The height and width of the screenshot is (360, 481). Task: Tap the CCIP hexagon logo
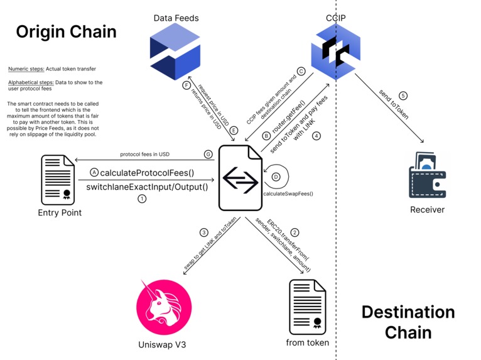[x=337, y=52]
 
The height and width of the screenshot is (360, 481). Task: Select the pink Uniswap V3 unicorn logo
[x=163, y=307]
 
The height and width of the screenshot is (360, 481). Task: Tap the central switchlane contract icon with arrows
[x=240, y=177]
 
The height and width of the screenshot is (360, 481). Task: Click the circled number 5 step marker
[x=403, y=96]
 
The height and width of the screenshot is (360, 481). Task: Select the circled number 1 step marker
[x=142, y=199]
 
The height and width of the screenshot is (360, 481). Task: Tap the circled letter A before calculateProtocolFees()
[x=94, y=172]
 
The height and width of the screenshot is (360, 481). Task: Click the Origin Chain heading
[x=66, y=31]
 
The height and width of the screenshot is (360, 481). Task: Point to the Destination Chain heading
[x=408, y=321]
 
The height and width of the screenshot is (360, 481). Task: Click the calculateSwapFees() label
[x=288, y=194]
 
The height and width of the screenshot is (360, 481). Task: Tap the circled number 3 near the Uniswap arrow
[x=203, y=232]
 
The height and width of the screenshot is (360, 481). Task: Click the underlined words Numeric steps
[x=26, y=68]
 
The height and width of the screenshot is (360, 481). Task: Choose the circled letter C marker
[x=301, y=72]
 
